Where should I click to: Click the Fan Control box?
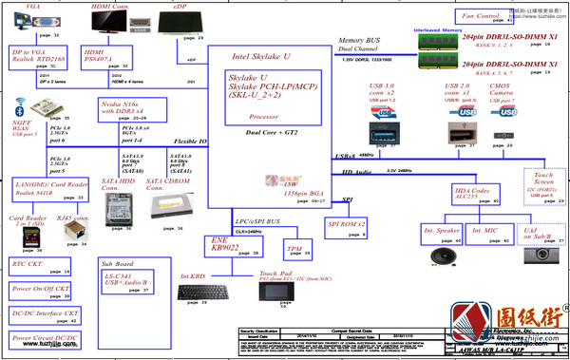tap(481, 18)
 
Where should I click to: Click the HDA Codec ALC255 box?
tap(475, 196)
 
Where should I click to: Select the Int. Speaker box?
tap(442, 234)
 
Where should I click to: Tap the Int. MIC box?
tap(492, 234)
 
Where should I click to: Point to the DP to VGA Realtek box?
tap(34, 58)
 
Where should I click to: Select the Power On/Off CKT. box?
tap(40, 290)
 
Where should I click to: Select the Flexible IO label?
tap(189, 141)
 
